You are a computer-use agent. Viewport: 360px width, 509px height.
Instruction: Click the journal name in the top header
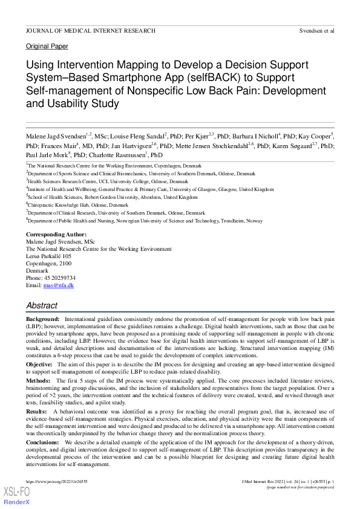click(x=90, y=30)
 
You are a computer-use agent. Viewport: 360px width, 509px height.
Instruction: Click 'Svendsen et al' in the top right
click(x=316, y=30)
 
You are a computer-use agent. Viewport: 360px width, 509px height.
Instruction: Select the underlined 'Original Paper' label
click(x=47, y=47)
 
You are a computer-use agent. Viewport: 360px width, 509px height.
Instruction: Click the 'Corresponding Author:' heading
click(x=56, y=235)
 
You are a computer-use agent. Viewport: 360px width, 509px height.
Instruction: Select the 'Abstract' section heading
click(x=42, y=306)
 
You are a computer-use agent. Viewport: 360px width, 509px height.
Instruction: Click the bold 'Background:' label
click(x=42, y=318)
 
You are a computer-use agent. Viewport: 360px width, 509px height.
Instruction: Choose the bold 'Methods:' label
click(x=39, y=381)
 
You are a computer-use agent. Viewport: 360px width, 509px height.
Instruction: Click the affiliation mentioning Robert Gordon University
click(x=112, y=196)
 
